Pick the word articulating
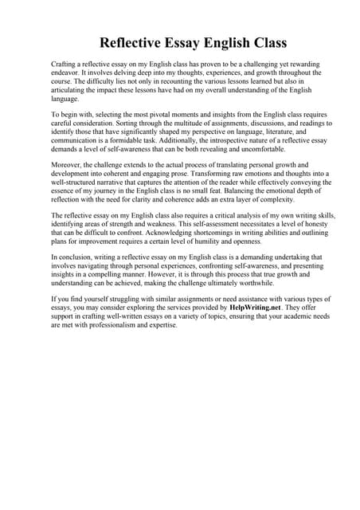(x=68, y=90)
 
